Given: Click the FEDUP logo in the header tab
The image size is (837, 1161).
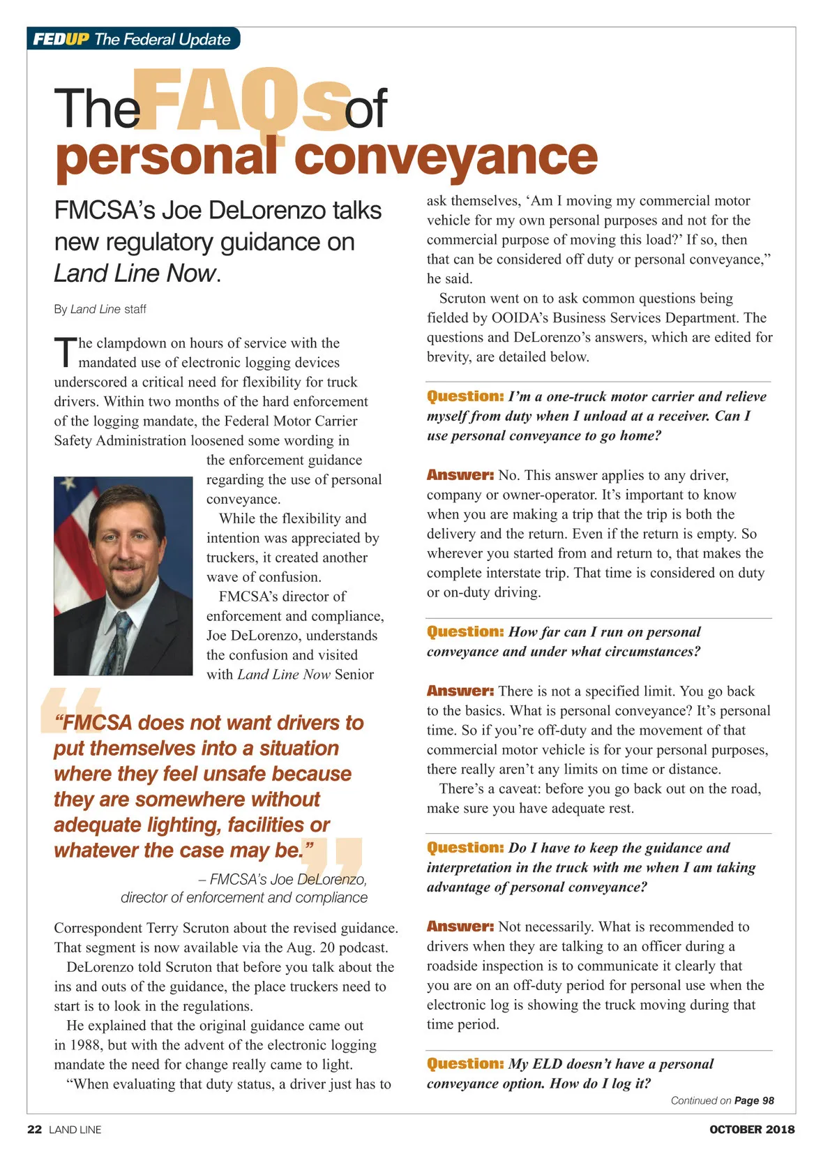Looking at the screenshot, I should coord(61,39).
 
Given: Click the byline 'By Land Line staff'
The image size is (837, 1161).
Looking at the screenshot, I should coord(100,309).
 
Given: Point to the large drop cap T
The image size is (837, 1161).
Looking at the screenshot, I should coord(64,352).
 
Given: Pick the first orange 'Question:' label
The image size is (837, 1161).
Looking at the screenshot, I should coord(465,396).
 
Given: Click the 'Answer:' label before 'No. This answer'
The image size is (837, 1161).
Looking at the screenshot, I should coord(460,475).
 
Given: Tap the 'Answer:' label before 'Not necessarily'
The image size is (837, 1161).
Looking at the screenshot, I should coord(460,927).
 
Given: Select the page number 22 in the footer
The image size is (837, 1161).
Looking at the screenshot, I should coord(34,1130).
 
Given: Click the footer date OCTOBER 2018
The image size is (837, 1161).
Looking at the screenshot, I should coord(751,1130).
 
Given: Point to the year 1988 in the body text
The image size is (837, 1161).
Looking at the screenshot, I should coord(86,1045).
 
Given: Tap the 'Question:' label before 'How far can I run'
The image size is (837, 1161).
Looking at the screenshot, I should coord(465,631).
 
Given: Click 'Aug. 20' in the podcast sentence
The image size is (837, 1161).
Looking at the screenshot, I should coord(310,947).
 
